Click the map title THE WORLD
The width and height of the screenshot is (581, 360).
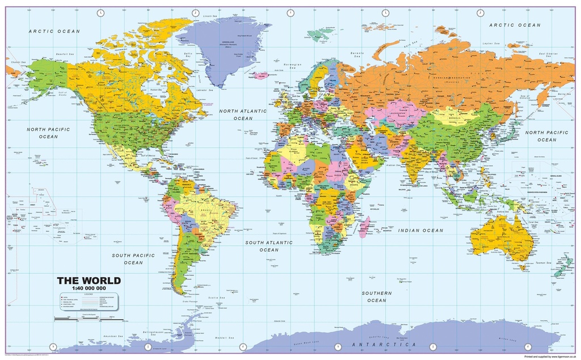(x=89, y=281)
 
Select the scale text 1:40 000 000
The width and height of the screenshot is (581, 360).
(x=89, y=288)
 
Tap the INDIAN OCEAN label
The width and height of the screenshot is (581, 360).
(x=420, y=231)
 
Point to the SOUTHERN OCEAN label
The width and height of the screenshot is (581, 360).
(x=377, y=296)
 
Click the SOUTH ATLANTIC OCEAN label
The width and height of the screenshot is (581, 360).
(x=269, y=246)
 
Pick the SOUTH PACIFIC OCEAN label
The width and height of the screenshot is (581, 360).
(x=133, y=259)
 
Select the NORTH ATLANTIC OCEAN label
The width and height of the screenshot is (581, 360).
(x=243, y=115)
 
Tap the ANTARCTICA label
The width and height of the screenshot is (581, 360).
(x=384, y=345)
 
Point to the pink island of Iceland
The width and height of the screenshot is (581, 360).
(x=261, y=75)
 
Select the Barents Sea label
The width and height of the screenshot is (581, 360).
(x=357, y=55)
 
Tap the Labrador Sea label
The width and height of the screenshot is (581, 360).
(x=204, y=90)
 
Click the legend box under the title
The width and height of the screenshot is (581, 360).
(x=89, y=302)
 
